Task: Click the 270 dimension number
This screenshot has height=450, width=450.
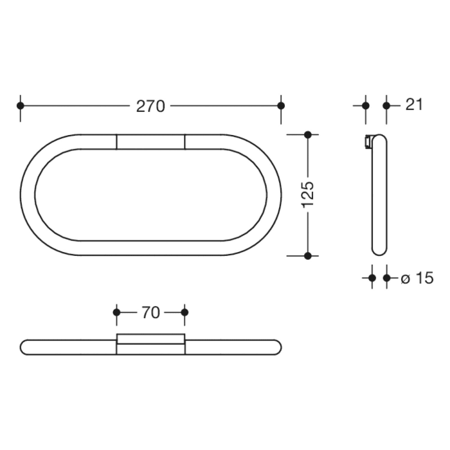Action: pos(150,106)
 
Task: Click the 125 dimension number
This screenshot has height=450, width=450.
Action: pos(307,194)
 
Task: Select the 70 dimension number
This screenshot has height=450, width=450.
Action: pos(150,313)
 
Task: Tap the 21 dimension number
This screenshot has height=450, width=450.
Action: pos(415,105)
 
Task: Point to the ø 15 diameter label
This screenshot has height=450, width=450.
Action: pos(417,278)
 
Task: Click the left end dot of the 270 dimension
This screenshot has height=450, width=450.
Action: pos(21,105)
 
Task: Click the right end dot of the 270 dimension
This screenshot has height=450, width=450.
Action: pos(280,105)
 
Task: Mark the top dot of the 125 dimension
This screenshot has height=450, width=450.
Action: pos(307,134)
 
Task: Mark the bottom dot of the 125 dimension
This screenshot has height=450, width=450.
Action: pos(307,255)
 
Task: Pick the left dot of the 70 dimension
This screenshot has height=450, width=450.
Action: pos(116,312)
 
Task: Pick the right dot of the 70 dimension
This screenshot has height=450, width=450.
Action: pos(184,312)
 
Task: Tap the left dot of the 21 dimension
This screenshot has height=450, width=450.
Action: pos(366,105)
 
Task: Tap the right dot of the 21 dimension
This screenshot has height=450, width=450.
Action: pos(386,105)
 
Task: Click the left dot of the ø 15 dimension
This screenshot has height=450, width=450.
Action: pos(372,278)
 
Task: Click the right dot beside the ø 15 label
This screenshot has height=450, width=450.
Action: pos(386,278)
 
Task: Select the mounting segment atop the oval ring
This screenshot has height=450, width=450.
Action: pos(150,141)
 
